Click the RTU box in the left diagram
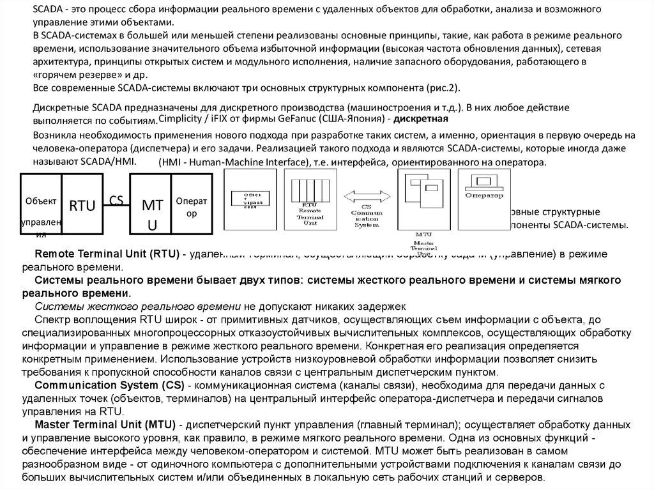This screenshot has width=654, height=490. [82, 205]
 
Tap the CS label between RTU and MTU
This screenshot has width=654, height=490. [116, 200]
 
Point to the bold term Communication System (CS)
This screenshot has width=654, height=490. [109, 385]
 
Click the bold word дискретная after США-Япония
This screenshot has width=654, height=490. [422, 119]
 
